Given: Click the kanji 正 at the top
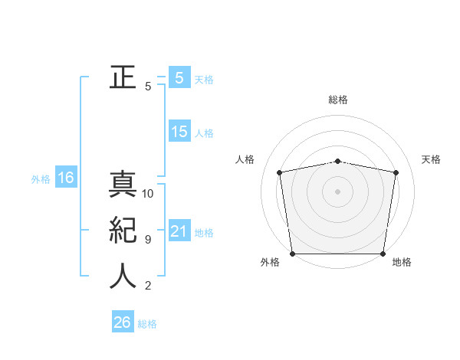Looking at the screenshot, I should [x=123, y=77].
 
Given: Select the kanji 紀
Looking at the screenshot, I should [x=123, y=231].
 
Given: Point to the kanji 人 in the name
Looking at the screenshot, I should [x=123, y=276].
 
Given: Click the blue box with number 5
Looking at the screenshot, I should [x=179, y=77].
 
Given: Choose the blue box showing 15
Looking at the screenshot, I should [x=179, y=132].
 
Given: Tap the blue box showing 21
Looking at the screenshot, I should [x=179, y=231].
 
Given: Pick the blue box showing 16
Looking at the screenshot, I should [x=66, y=178].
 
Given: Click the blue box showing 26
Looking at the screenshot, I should [x=122, y=322].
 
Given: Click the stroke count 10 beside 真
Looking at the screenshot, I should [x=148, y=194].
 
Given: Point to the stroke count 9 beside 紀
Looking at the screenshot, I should [x=148, y=240].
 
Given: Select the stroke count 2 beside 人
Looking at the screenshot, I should [x=148, y=286].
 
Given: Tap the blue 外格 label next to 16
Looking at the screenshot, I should [x=41, y=179].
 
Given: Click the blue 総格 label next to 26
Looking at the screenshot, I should [x=147, y=324].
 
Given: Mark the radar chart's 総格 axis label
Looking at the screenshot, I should [x=338, y=100].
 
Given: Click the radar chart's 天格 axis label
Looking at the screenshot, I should [x=432, y=159].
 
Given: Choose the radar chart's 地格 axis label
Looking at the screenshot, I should [x=402, y=262].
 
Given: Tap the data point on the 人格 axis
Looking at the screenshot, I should [x=280, y=172].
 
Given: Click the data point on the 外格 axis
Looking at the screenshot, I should [x=292, y=254].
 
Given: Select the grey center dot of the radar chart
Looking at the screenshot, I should [x=338, y=191].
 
